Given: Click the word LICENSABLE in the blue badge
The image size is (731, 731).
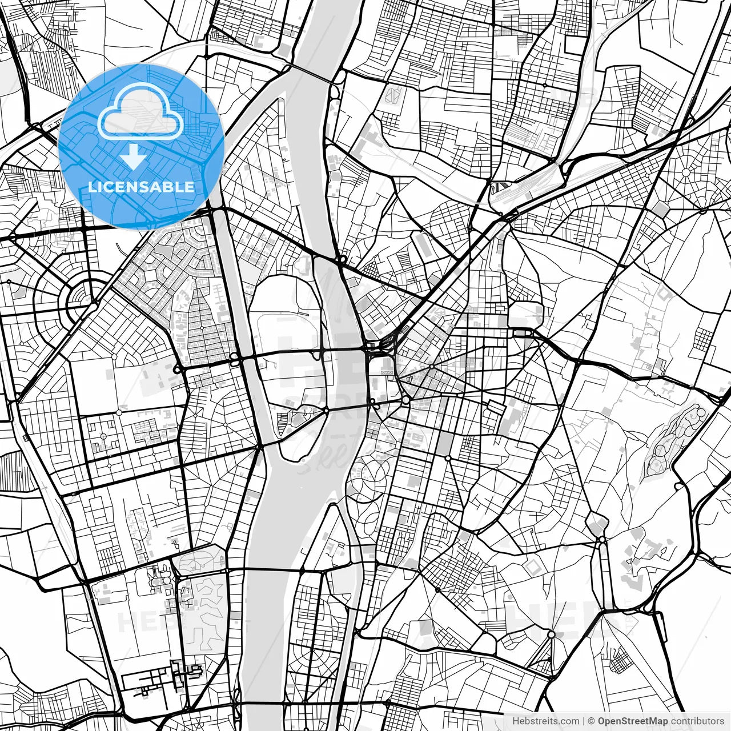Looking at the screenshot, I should coord(141,187).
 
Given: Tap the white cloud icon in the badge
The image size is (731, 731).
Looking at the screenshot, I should coord(140,114).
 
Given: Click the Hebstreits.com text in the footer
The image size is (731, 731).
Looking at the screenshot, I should coord(545,721).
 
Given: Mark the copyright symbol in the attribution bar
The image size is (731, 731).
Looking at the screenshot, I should coord(591,721).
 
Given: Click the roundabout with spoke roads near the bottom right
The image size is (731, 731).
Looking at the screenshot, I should coord(551,634).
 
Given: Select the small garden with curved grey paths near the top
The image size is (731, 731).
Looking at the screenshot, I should coord(392,94).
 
